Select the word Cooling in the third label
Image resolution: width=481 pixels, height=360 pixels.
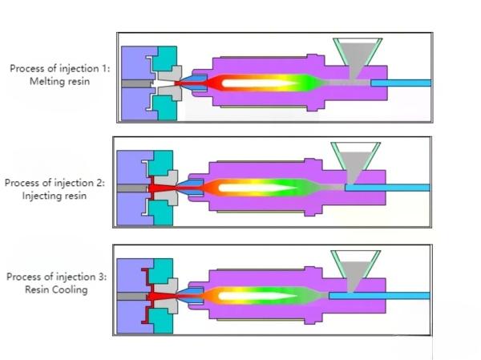69,289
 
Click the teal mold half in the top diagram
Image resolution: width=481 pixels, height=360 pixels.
168,58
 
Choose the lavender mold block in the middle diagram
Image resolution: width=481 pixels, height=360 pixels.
128,168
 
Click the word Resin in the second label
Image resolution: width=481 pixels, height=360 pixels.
75,196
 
